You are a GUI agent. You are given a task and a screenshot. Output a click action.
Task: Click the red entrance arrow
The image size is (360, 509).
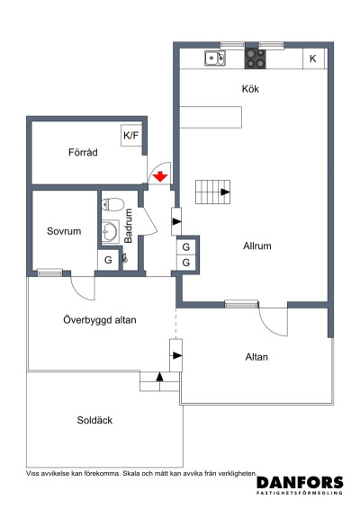coord(160,176)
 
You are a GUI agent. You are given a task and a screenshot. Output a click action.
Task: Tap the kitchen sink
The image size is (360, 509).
coord(214,58)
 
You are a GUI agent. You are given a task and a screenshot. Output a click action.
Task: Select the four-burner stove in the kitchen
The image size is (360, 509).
coord(255,58)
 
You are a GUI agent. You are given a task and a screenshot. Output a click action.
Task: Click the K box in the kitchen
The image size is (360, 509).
coord(313,58)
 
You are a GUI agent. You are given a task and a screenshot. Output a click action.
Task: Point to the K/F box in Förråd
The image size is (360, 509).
coord(131,136)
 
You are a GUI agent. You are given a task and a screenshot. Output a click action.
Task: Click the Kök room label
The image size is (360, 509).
coord(250,89)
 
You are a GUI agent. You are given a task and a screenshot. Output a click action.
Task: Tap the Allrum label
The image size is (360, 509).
coord(257,246)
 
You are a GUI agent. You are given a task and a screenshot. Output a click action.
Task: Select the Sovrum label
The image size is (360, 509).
coord(64,231)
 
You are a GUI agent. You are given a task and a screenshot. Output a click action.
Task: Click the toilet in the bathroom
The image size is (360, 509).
coord(112,204)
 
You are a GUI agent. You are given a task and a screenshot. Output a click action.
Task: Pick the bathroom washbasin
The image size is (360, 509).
coord(110,231)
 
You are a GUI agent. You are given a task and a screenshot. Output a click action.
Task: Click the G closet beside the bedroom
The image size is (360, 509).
coord(108,260)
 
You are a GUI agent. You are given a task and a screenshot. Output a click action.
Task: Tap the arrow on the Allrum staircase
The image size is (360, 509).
coord(226,192)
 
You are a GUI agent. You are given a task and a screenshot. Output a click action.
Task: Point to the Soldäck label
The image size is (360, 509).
coord(94,420)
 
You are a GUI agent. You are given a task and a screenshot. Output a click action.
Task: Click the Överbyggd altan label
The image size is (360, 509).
coord(100,320)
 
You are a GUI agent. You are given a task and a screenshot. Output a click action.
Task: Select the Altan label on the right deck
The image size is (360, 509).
coord(256,357)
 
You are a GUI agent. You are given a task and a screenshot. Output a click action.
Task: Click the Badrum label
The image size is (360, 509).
coord(129,226)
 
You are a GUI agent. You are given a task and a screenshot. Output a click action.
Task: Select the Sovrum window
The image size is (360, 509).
coord(49,272)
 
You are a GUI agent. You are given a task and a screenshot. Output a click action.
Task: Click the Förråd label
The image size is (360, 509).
coord(83,152)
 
